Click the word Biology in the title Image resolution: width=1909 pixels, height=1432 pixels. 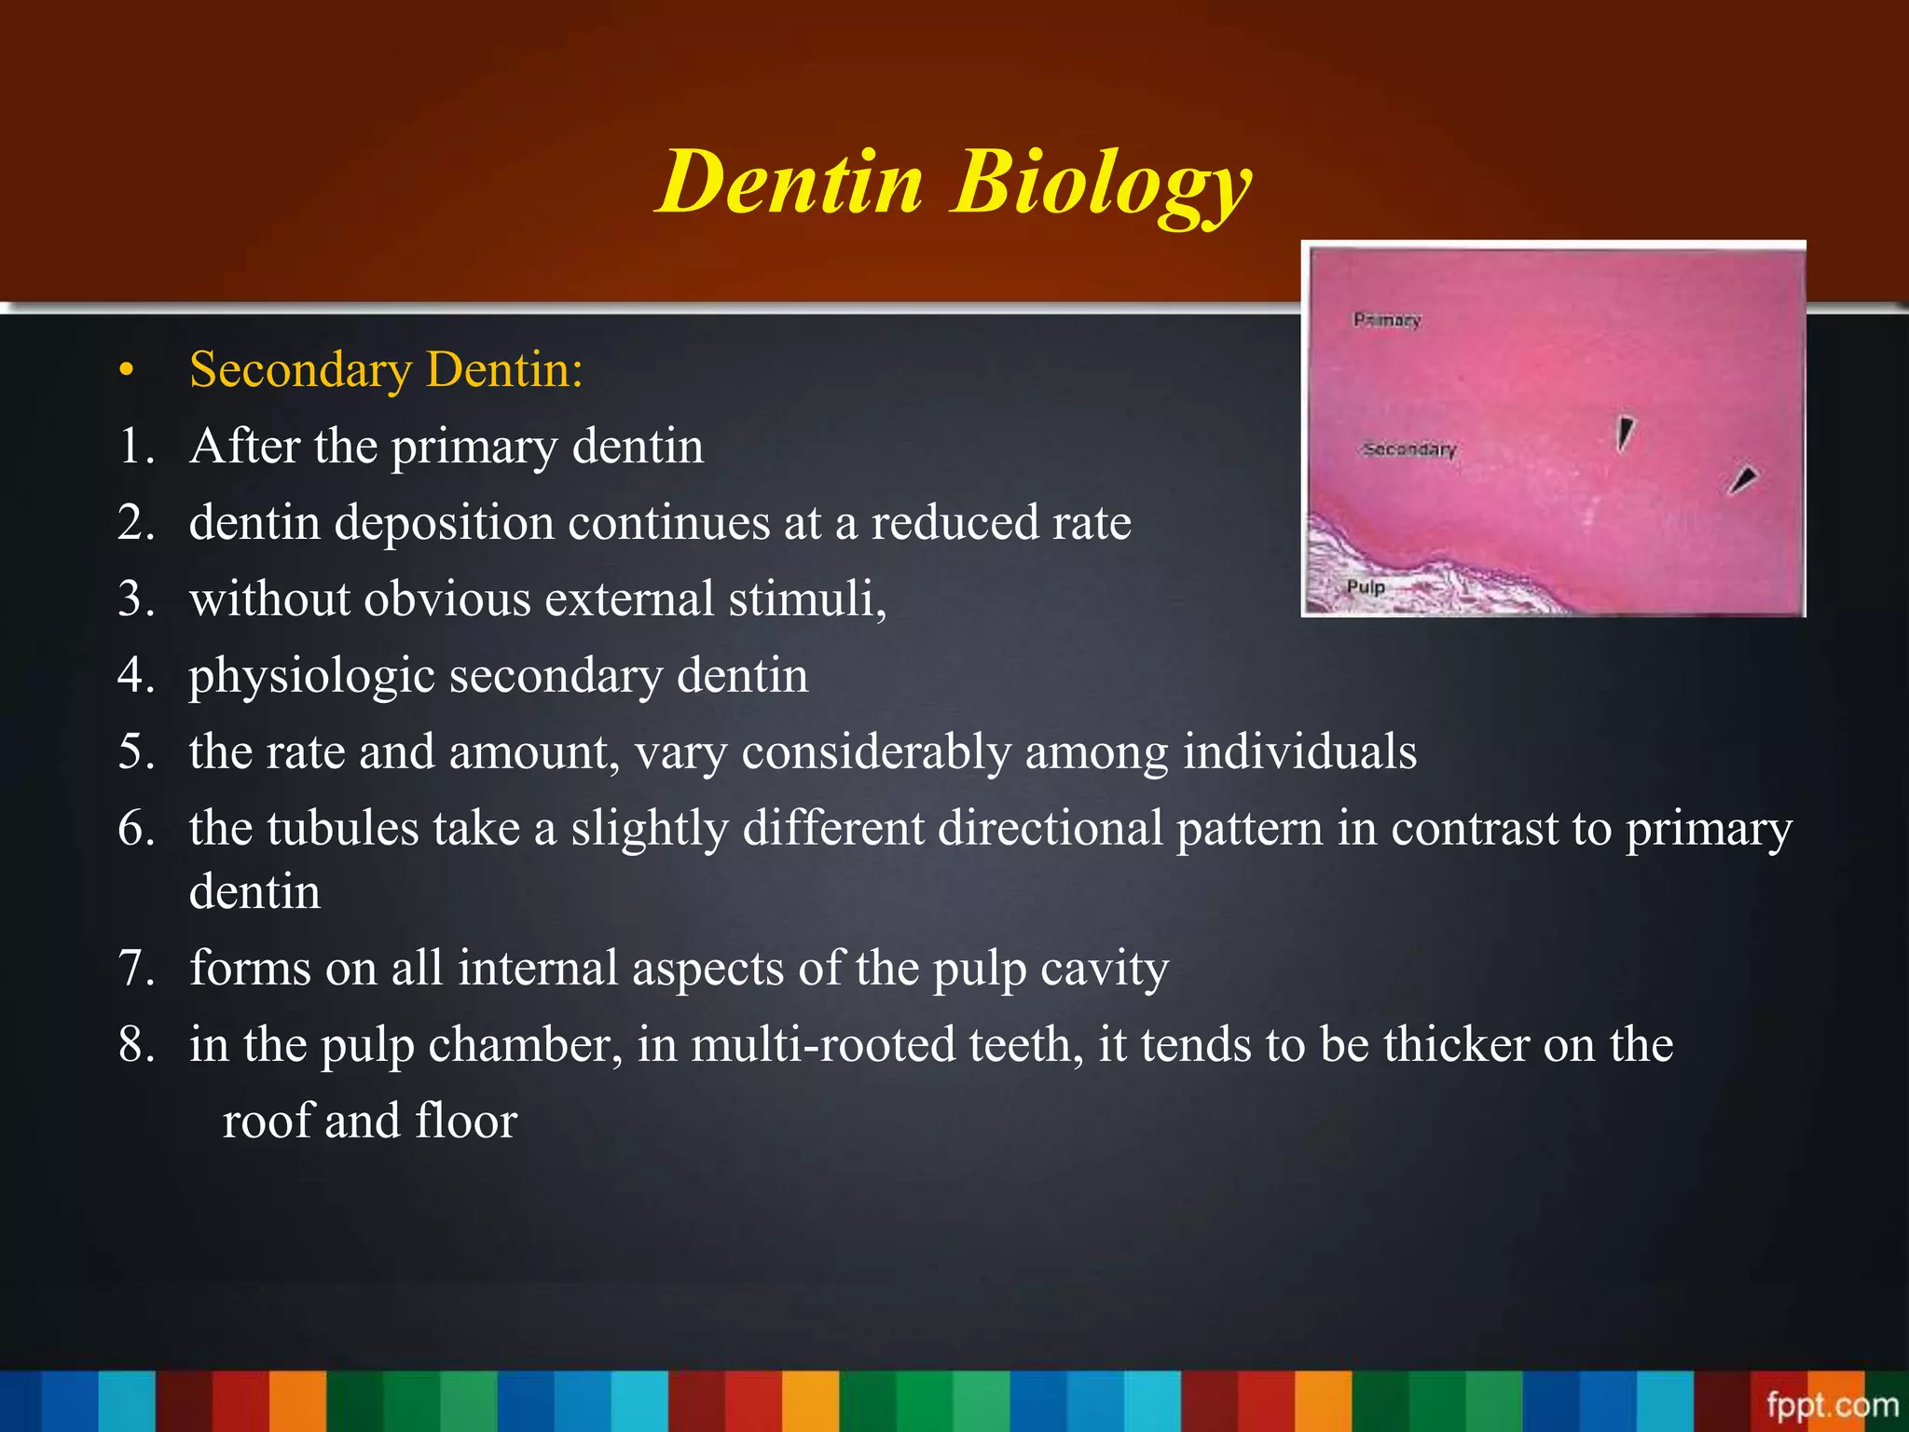(x=1102, y=183)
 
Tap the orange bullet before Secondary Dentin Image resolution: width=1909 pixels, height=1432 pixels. (x=128, y=372)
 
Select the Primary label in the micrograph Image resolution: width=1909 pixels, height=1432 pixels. (x=1387, y=320)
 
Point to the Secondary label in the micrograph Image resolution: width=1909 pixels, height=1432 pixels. (x=1409, y=449)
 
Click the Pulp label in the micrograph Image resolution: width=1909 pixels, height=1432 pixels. (x=1366, y=586)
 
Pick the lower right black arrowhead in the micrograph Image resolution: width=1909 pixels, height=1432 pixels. (x=1742, y=480)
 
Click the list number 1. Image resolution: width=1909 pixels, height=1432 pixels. (x=136, y=447)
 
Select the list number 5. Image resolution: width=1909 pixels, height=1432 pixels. (x=136, y=751)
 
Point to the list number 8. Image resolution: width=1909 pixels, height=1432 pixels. (x=136, y=1044)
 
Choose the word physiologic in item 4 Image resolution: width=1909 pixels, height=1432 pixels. (x=311, y=677)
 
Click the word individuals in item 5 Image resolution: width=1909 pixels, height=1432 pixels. (x=1299, y=751)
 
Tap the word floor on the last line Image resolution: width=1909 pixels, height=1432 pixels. (x=466, y=1121)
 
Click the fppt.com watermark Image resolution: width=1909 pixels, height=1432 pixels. (x=1832, y=1404)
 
